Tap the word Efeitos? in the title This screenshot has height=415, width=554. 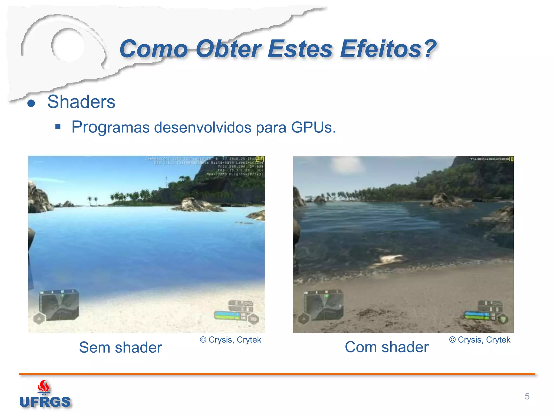click(x=388, y=49)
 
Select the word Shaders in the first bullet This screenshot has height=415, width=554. click(x=81, y=102)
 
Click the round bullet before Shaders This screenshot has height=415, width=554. click(x=31, y=103)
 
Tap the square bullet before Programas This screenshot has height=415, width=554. click(x=58, y=126)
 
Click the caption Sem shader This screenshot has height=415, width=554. click(x=120, y=347)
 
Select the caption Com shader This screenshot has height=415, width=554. click(x=387, y=347)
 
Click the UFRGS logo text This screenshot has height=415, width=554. click(x=45, y=402)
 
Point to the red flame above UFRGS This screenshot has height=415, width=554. click(x=44, y=386)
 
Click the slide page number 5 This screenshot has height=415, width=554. click(x=527, y=396)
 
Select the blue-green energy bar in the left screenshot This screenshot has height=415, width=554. click(x=227, y=315)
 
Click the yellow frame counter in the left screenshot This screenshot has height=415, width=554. click(x=260, y=159)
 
